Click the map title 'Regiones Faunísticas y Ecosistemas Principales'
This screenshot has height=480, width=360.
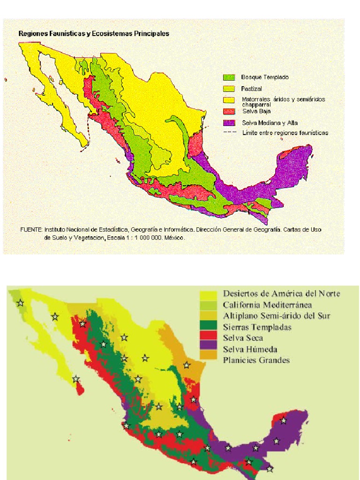click(94, 34)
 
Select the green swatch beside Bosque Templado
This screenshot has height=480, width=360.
click(228, 77)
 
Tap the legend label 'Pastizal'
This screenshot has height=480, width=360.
click(251, 89)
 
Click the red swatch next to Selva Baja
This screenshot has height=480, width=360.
click(228, 111)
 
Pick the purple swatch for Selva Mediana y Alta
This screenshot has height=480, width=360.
click(228, 123)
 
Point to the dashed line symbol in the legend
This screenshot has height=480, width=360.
click(228, 133)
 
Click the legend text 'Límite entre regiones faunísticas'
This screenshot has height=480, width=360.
click(285, 133)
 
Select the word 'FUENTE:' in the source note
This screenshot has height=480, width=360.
click(31, 230)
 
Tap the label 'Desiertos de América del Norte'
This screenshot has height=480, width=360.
click(281, 294)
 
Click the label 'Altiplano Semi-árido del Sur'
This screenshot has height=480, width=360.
click(277, 316)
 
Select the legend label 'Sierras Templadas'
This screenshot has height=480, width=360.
click(257, 327)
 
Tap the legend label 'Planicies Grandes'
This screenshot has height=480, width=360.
click(256, 360)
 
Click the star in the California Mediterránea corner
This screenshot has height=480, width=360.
click(20, 303)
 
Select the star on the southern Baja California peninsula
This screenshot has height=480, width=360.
click(75, 379)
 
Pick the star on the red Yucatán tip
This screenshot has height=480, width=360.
click(283, 420)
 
